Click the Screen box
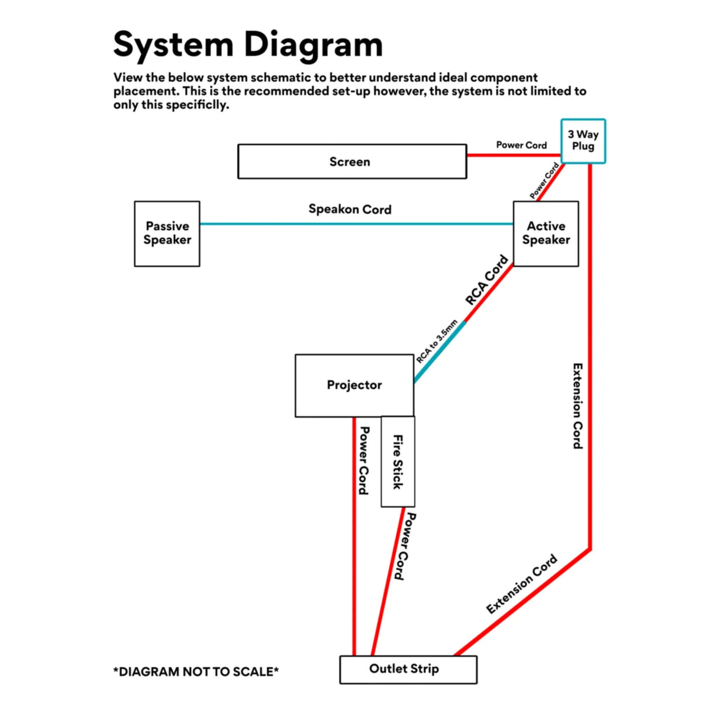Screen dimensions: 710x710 click(x=351, y=162)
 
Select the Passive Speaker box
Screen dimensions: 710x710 click(x=167, y=233)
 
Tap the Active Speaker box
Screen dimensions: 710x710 click(x=546, y=233)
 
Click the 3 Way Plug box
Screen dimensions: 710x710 click(x=583, y=141)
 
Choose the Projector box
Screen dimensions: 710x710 click(x=354, y=385)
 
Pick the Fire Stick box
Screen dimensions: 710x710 click(x=398, y=461)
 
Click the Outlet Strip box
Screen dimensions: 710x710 click(x=408, y=669)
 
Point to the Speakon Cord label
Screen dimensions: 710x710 click(x=350, y=209)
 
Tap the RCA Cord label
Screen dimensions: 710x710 click(x=486, y=280)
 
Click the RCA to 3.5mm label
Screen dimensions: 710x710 click(x=437, y=341)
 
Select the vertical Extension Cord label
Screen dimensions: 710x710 click(x=577, y=406)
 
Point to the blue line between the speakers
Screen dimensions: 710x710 click(x=355, y=224)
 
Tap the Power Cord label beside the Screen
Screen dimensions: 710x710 click(x=521, y=145)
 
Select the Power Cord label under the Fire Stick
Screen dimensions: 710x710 click(x=404, y=546)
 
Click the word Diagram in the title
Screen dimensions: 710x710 click(x=314, y=44)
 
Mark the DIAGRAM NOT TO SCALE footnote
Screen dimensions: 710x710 click(x=196, y=672)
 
